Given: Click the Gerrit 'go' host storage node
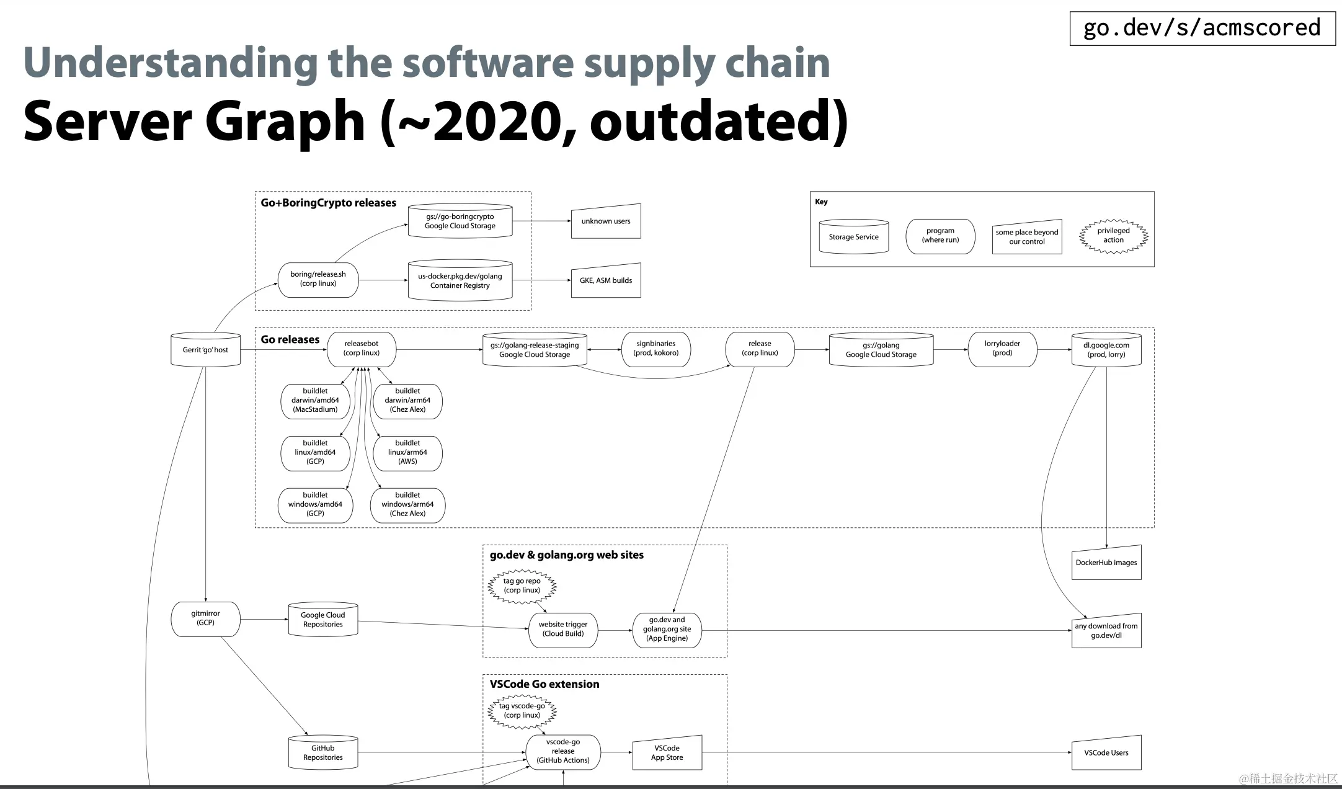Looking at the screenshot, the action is click(205, 350).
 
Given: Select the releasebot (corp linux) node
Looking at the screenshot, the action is click(362, 349).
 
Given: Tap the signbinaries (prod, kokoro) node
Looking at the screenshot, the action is click(655, 349).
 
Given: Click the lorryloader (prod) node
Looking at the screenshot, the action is click(1002, 349).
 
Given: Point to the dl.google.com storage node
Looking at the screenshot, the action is click(1106, 350).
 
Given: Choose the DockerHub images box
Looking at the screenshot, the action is click(1106, 563).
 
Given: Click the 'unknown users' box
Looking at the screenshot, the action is click(606, 221).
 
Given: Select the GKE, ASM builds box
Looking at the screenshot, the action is click(606, 280).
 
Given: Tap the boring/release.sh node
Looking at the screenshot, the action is click(318, 279).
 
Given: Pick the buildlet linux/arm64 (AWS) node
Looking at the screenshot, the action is click(407, 452).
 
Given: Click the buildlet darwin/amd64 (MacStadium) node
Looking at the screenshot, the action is click(315, 401).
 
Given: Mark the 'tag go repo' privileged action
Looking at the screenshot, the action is click(522, 586).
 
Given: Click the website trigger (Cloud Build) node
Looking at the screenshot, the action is click(563, 630).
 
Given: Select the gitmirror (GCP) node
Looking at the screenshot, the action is click(205, 618).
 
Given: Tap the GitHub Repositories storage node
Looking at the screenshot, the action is click(323, 753).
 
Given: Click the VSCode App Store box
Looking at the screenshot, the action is click(667, 753).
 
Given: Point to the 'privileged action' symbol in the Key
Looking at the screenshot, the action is click(1113, 236).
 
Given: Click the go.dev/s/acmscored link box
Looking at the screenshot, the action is click(1202, 28).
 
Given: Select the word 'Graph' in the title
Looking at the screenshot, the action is click(285, 121).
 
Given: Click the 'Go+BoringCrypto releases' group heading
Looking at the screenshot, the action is click(328, 203).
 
